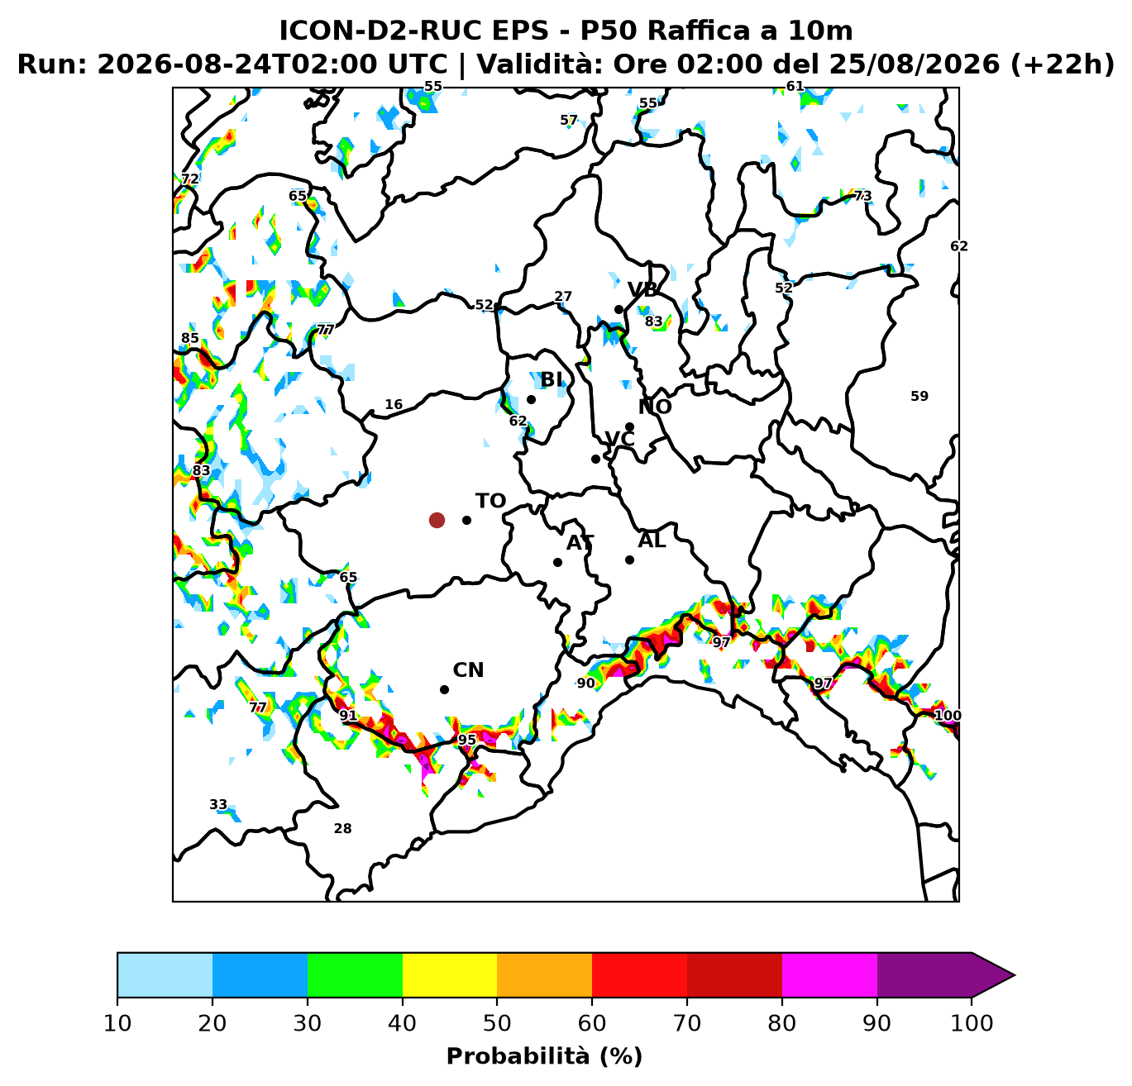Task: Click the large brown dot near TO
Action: (x=437, y=521)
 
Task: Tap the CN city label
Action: (x=468, y=670)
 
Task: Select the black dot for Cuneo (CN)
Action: (x=444, y=689)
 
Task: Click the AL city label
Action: (x=652, y=541)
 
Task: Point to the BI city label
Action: (x=552, y=380)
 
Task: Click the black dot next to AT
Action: (x=557, y=562)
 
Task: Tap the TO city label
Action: (x=490, y=501)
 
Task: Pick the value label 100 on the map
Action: (x=948, y=715)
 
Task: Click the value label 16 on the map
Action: (x=394, y=404)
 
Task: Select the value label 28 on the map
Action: (x=342, y=828)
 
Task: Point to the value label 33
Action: (x=218, y=805)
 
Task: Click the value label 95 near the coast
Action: (x=466, y=740)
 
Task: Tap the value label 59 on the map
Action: (x=919, y=397)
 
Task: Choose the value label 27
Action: (x=562, y=297)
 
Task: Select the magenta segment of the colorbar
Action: (x=829, y=975)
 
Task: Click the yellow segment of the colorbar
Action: (x=450, y=975)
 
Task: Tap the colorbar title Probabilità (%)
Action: (x=544, y=1056)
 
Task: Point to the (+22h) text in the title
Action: (x=1062, y=64)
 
